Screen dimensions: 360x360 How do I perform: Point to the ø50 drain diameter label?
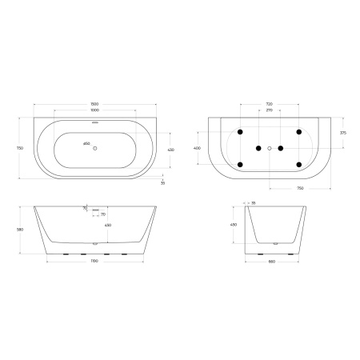point(86,144)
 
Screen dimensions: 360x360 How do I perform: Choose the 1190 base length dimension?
point(94,262)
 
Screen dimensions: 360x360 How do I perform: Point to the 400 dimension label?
point(198,149)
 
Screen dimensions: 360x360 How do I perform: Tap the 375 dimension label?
point(342,133)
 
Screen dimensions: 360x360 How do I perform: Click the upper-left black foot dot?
point(239,131)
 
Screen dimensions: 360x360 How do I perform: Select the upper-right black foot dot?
point(298,131)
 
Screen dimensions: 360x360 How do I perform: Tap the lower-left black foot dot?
point(239,164)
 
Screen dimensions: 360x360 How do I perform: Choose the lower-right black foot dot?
point(298,164)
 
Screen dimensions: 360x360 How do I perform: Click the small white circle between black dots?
point(270,148)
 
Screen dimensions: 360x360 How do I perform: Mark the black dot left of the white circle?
point(258,148)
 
